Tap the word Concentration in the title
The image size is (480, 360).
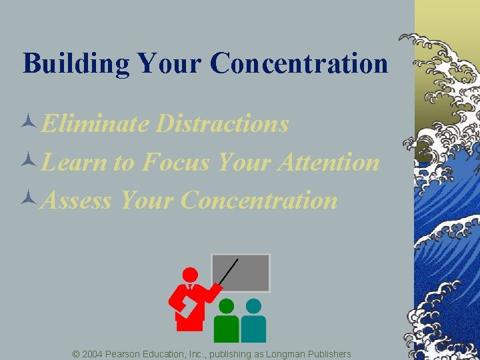click(x=299, y=63)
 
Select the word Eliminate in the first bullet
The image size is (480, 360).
click(x=93, y=124)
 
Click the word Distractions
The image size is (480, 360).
click(x=222, y=124)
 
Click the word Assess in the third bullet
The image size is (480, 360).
click(x=75, y=200)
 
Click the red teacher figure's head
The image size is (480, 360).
click(x=191, y=275)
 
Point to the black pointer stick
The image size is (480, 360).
click(x=229, y=272)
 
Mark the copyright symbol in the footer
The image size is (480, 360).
click(x=76, y=353)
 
